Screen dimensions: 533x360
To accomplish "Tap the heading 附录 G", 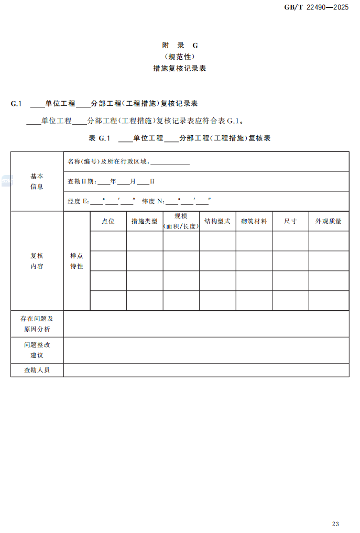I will (x=180, y=46).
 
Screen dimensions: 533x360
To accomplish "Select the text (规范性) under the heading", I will (x=180, y=57).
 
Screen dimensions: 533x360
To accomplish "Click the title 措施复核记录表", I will (x=180, y=68).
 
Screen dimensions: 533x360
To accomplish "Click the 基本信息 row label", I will (x=37, y=181).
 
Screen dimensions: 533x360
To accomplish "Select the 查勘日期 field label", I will (x=82, y=181).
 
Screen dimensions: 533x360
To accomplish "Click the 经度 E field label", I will (x=78, y=201).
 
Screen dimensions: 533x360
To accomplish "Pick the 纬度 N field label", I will (x=153, y=201).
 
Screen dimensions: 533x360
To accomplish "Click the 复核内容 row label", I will (x=37, y=261).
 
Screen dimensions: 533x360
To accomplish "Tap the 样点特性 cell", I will (x=77, y=261).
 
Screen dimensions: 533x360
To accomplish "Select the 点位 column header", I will (x=108, y=221).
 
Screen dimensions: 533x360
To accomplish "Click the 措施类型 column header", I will (x=144, y=221).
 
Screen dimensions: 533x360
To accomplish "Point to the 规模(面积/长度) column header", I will (x=181, y=221).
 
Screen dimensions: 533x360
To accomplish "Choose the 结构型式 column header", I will (x=217, y=221).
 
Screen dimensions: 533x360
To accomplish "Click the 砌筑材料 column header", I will (x=254, y=221).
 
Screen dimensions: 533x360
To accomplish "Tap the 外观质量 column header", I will (x=329, y=221).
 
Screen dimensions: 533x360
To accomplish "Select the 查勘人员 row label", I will (x=37, y=370).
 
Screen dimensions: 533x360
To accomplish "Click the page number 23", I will (x=335, y=524).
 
